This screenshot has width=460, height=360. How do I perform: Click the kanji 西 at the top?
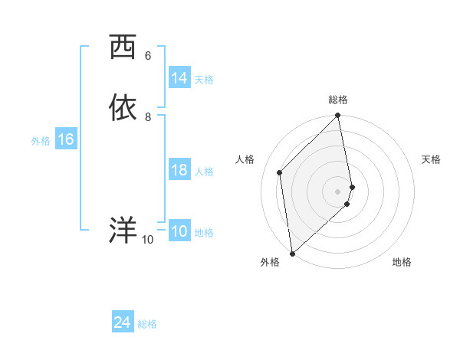pyautogui.click(x=122, y=48)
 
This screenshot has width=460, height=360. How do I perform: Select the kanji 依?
pyautogui.click(x=122, y=108)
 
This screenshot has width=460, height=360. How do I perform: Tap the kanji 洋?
pyautogui.click(x=122, y=231)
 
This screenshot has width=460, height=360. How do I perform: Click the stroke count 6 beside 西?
pyautogui.click(x=148, y=56)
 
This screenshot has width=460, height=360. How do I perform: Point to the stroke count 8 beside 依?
pyautogui.click(x=148, y=117)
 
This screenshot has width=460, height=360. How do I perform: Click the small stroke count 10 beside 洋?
pyautogui.click(x=148, y=240)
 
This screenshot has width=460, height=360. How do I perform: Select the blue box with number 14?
pyautogui.click(x=179, y=78)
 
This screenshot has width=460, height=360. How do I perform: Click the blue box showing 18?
pyautogui.click(x=179, y=170)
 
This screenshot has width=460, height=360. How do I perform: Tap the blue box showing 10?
pyautogui.click(x=179, y=231)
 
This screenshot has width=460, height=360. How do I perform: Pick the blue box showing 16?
pyautogui.click(x=66, y=139)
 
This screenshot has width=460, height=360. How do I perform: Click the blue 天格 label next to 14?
pyautogui.click(x=204, y=80)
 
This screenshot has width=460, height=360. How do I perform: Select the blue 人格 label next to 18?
pyautogui.click(x=204, y=172)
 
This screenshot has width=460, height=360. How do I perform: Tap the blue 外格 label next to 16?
pyautogui.click(x=41, y=141)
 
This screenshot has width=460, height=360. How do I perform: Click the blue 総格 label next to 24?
pyautogui.click(x=147, y=325)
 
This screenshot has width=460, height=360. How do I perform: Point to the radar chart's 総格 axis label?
pyautogui.click(x=338, y=100)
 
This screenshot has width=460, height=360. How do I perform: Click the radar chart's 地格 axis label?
pyautogui.click(x=402, y=262)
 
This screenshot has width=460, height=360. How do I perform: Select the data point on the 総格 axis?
pyautogui.click(x=338, y=116)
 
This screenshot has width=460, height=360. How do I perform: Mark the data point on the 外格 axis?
pyautogui.click(x=292, y=253)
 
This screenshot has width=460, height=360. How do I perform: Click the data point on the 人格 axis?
pyautogui.click(x=280, y=172)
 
